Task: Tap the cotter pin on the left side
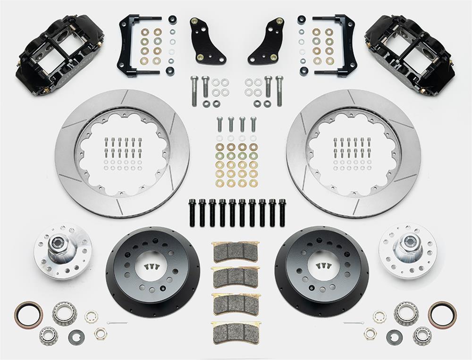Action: pos(117,323)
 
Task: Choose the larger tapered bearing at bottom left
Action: pos(65,313)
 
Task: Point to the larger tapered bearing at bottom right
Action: pos(406,313)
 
